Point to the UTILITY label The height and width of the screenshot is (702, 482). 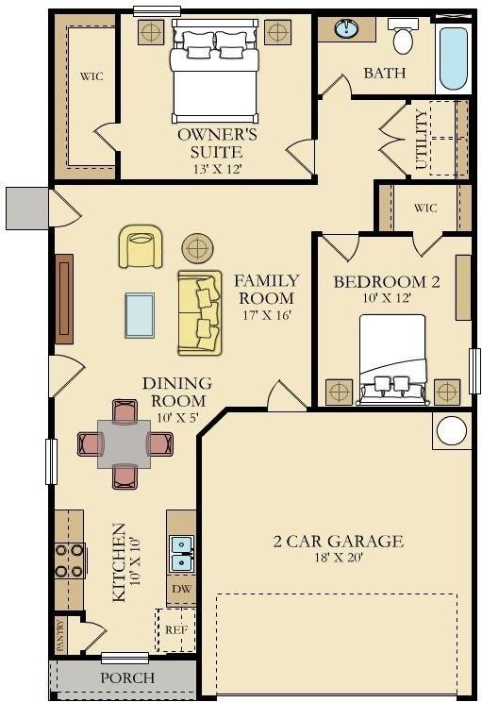[x=421, y=140]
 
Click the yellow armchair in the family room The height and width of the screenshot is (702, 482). [x=141, y=246]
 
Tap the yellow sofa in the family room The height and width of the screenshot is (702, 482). [x=199, y=312]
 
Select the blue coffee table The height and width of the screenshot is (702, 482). [x=140, y=314]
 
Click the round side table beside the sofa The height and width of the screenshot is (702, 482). [x=198, y=249]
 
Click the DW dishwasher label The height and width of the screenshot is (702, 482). [x=180, y=589]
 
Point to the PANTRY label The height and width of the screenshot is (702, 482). [x=60, y=635]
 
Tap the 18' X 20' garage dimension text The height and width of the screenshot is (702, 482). [x=337, y=559]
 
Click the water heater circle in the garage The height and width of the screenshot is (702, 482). [x=452, y=431]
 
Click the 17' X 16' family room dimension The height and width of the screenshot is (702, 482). [x=267, y=315]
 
